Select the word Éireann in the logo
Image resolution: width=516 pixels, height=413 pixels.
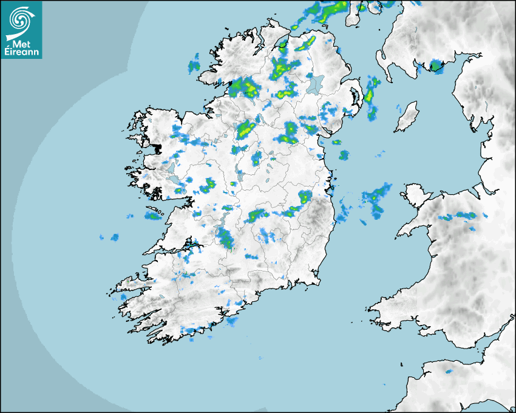point(22,52)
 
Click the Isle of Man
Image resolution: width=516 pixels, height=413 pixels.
point(407,117)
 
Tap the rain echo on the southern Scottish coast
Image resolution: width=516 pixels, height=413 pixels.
point(435,66)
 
